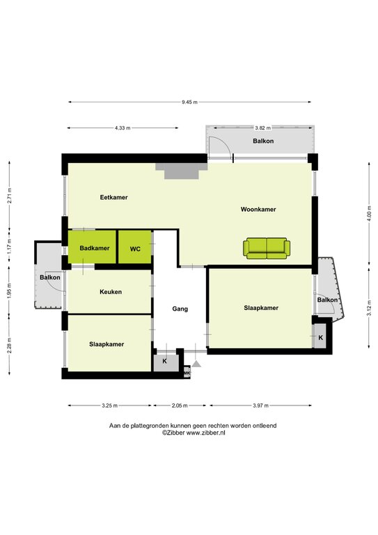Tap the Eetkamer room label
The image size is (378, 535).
pyautogui.click(x=113, y=197)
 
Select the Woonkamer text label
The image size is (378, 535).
pyautogui.click(x=258, y=209)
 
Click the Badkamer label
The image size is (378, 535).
pyautogui.click(x=94, y=248)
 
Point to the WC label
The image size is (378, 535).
pyautogui.click(x=135, y=248)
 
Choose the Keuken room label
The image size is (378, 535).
pyautogui.click(x=111, y=292)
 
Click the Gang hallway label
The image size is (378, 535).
pyautogui.click(x=180, y=309)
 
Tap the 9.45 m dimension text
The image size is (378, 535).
pyautogui.click(x=189, y=102)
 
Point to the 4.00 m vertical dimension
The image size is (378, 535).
pyautogui.click(x=369, y=212)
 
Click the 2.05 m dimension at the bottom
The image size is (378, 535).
pyautogui.click(x=180, y=405)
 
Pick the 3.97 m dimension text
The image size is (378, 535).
pyautogui.click(x=260, y=405)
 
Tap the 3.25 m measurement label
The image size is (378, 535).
pyautogui.click(x=110, y=405)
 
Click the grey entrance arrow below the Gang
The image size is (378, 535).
pyautogui.click(x=197, y=363)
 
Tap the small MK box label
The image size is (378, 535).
pyautogui.click(x=187, y=374)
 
